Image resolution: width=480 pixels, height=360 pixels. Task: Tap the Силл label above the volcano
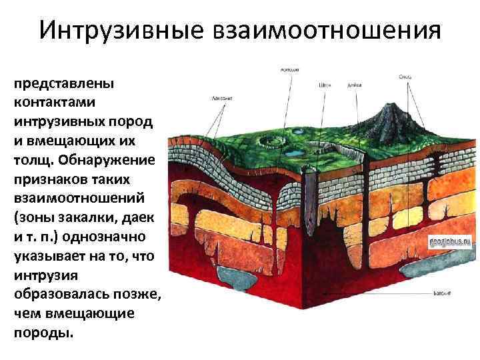tap(405, 77)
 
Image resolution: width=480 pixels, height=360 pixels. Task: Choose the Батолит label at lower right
tap(443, 293)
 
